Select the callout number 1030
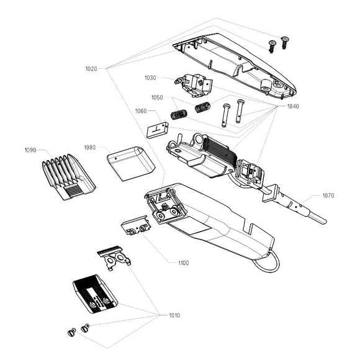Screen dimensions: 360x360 click(x=150, y=78)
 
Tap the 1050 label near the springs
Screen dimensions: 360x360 click(x=157, y=98)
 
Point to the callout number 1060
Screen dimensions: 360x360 click(x=141, y=111)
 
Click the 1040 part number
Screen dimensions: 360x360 click(x=293, y=106)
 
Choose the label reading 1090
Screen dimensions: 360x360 click(x=30, y=150)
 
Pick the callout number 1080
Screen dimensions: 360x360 click(x=90, y=148)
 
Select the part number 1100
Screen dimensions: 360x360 click(x=183, y=263)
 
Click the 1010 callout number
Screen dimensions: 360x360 click(x=175, y=315)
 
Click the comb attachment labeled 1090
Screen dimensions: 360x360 click(x=68, y=176)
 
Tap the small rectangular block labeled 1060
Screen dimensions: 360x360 click(x=158, y=130)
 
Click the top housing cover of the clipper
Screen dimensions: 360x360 click(x=236, y=65)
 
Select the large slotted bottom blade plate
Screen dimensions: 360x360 click(x=95, y=295)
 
